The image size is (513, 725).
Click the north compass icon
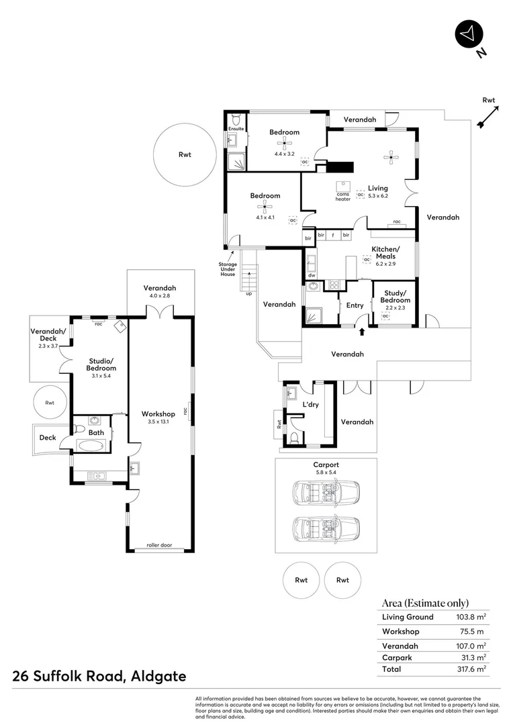coord(468,34)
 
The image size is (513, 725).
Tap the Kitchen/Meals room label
coord(385,252)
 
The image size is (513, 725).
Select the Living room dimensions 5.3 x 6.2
coord(378,196)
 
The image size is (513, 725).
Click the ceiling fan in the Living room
coord(391,158)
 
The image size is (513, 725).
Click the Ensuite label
coord(236,128)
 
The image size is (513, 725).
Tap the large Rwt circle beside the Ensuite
coord(184,155)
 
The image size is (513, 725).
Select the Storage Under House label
coord(227,269)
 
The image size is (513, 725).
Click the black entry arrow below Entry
coord(362,331)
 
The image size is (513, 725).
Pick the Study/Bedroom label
coord(395,296)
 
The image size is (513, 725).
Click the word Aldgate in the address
coord(155,676)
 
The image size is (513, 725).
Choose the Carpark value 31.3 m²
coord(473,657)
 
